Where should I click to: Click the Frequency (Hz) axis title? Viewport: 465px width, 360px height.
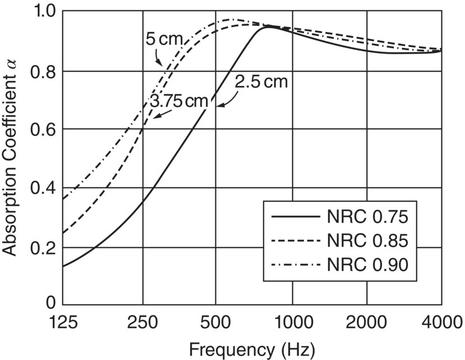tap(251, 349)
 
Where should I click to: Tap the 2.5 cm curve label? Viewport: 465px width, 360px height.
tap(261, 82)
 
